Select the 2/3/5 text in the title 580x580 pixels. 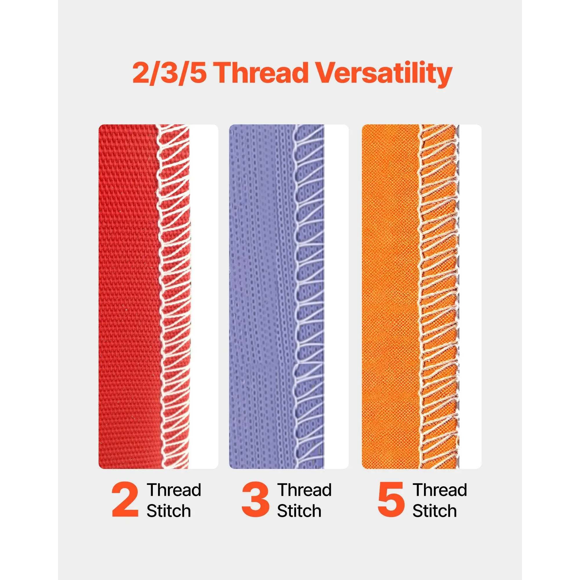pos(170,74)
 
